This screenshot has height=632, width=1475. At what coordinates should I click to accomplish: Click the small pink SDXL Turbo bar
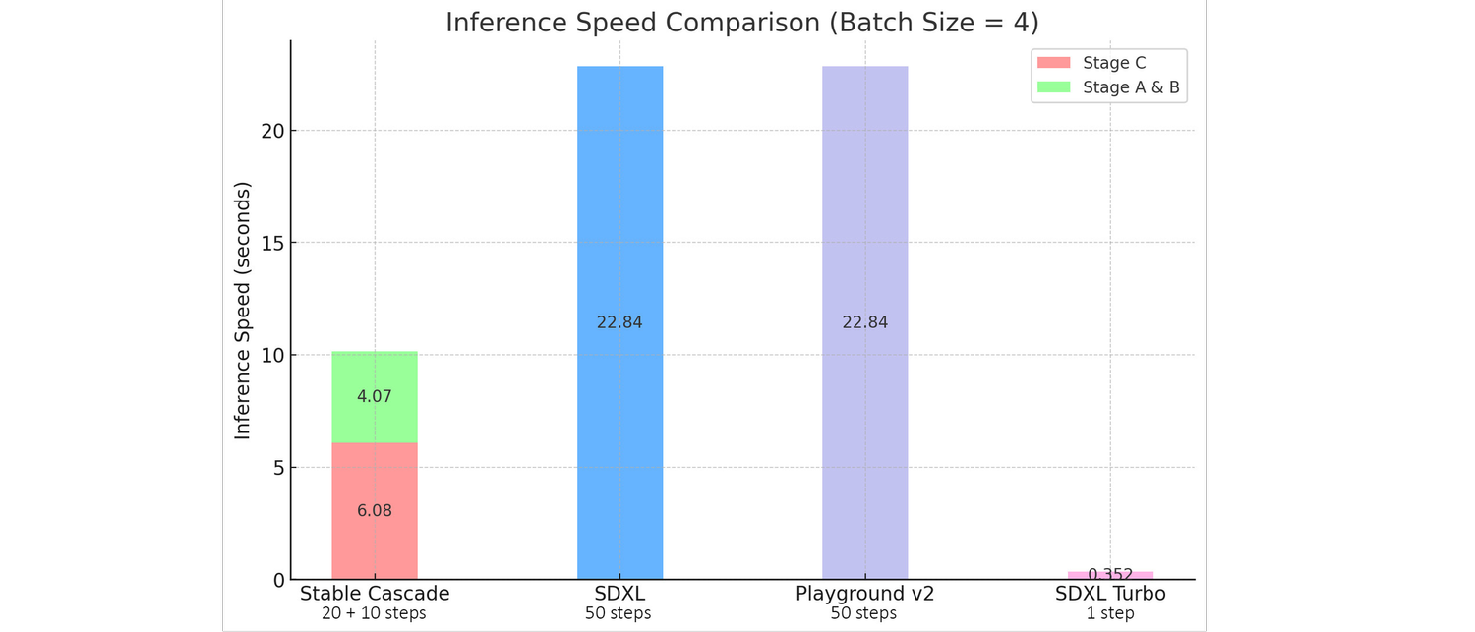1110,575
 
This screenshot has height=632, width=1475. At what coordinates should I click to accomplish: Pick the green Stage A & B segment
375,373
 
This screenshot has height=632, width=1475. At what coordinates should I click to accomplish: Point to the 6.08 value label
375,511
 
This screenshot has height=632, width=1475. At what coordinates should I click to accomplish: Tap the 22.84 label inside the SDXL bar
619,322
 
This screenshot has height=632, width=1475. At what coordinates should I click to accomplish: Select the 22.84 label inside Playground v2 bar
864,322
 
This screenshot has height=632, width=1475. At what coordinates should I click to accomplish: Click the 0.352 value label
1110,574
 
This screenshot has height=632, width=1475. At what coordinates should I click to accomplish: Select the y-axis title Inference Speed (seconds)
242,310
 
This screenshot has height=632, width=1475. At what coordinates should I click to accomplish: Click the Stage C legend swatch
1053,63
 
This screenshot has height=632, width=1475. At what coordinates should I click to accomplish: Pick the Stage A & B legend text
1131,87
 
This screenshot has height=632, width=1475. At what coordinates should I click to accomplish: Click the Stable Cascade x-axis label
375,594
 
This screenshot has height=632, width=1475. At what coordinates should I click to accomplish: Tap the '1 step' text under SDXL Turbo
1110,614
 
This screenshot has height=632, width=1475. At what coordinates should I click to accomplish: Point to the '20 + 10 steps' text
375,614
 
